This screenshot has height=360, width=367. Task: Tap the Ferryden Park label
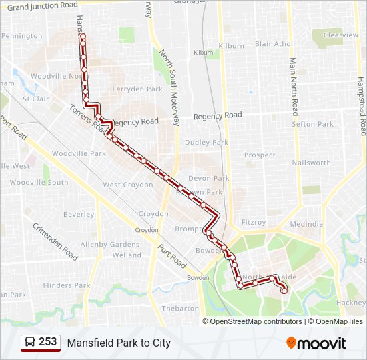pos(137,89)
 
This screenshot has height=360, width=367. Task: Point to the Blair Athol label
pos(274,44)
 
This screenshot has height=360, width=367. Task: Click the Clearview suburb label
pos(340,35)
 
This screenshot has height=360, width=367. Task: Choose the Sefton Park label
pos(312,124)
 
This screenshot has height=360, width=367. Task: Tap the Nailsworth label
pos(311,163)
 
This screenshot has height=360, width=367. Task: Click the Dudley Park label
pos(206,142)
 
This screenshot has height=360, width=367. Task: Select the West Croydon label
pos(127,185)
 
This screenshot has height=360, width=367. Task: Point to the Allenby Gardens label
pos(110,245)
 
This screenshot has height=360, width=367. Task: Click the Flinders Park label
pos(66,285)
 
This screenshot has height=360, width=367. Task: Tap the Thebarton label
pos(180,308)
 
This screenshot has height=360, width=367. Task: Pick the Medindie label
pos(306,224)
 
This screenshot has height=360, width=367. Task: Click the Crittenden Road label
pos(55,241)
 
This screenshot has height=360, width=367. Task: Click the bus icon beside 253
pos(29,342)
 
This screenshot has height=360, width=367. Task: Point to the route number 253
pos(47,342)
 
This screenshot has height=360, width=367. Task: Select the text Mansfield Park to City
pos(119,343)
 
